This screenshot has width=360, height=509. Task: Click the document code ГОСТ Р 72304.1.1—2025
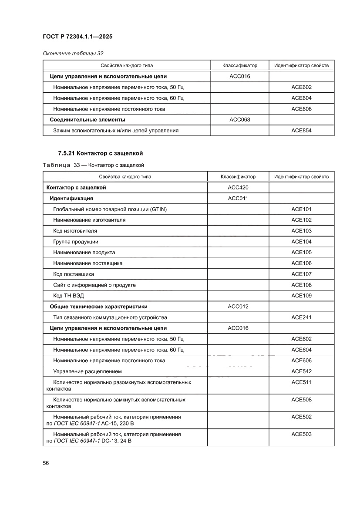click(77, 37)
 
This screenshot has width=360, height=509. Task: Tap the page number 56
click(46, 463)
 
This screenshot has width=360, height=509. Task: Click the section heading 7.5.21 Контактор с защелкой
click(101, 153)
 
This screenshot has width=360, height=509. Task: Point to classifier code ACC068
click(239, 119)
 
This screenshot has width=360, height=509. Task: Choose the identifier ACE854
click(301, 130)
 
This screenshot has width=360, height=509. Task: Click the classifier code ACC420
click(238, 188)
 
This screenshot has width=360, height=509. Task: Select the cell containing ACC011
click(238, 199)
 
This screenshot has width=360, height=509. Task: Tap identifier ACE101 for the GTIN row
click(301, 209)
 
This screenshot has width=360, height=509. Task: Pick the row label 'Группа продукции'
click(75, 242)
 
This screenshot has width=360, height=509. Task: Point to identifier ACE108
click(301, 285)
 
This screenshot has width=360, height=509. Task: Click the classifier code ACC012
click(238, 307)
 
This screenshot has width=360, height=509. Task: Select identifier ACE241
click(301, 317)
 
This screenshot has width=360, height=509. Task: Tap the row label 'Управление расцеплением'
click(87, 371)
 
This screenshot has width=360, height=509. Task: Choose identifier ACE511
click(301, 382)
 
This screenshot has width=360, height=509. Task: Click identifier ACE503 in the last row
click(301, 434)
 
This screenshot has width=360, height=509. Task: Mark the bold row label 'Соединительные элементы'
click(87, 119)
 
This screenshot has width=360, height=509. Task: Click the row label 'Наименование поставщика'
click(87, 263)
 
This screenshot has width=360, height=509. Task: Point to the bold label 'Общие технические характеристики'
click(98, 307)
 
